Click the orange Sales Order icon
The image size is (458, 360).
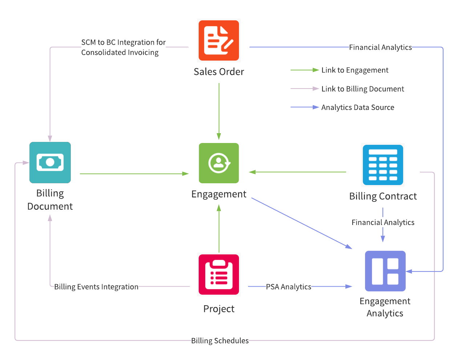pos(219,40)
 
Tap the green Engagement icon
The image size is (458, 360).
pos(219,163)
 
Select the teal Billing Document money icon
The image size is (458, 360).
pos(50,162)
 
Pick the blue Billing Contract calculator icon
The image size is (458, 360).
pos(383,165)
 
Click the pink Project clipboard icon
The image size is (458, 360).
pos(219,274)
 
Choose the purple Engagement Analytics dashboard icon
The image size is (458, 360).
pos(385,271)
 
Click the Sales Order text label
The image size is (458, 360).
pos(219,72)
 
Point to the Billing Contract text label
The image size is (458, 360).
pos(383,196)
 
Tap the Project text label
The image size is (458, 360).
pos(219,309)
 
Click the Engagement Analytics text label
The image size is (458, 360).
pos(385,307)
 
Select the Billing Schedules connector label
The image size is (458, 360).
pos(220,340)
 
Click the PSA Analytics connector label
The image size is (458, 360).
pos(289,287)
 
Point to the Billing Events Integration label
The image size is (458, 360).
pos(96,287)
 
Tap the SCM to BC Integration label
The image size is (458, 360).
pos(123,47)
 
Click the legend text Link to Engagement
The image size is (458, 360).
pos(355,70)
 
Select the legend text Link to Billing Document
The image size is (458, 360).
pos(362,89)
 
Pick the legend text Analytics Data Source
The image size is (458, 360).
pos(358,107)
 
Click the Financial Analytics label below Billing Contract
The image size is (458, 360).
pos(383,222)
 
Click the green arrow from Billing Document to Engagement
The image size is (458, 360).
pos(134,174)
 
